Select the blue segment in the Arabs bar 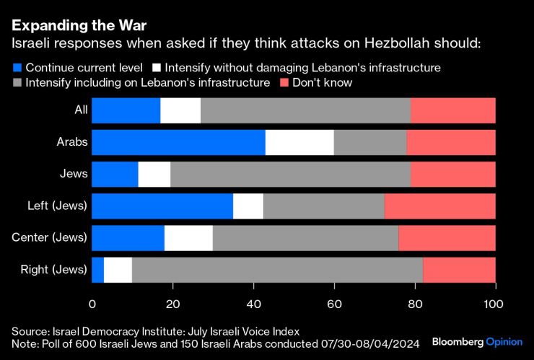click(x=178, y=142)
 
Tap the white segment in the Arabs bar click(x=299, y=142)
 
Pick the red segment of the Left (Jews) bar click(x=439, y=206)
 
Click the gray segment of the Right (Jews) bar click(x=277, y=269)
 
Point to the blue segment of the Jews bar click(x=115, y=174)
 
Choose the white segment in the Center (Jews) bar click(x=188, y=237)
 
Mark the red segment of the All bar click(x=452, y=110)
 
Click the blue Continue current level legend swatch click(x=17, y=68)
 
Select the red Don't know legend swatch click(x=283, y=83)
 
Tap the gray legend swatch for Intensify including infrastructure click(x=17, y=83)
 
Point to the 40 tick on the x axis click(x=253, y=304)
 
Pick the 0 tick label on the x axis click(x=92, y=304)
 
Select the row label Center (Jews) click(x=49, y=237)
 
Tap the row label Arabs click(x=72, y=142)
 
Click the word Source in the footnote click(x=29, y=330)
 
